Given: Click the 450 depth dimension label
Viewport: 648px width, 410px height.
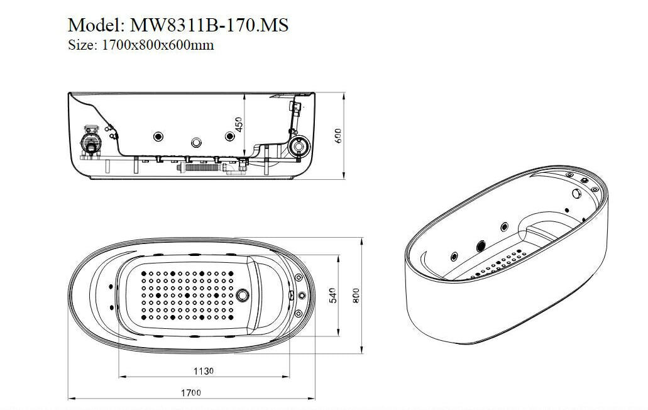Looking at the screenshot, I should point(238,125).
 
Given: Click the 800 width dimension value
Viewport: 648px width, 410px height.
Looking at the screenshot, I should point(355,295).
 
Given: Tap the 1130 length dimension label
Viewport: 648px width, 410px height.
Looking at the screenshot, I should point(204,371).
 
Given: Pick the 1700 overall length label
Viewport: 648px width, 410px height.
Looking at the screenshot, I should point(191,392).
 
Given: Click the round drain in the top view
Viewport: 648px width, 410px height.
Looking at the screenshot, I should point(244,294).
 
